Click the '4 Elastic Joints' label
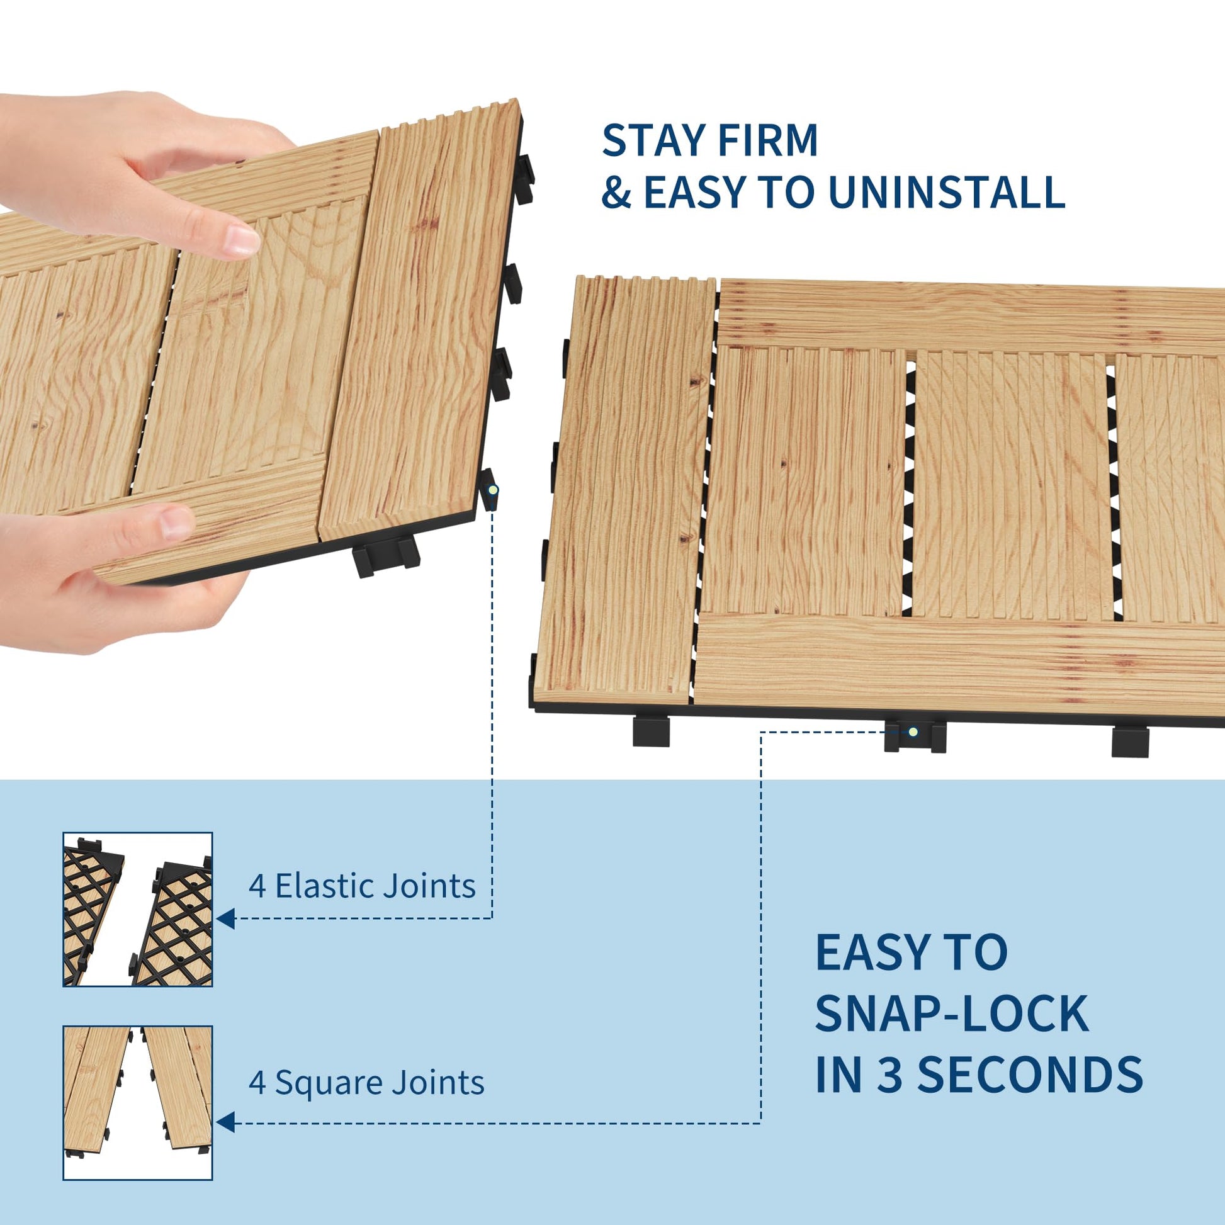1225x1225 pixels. point(362,886)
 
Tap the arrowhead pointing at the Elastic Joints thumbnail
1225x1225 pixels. point(226,918)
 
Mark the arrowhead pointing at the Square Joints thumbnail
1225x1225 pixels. point(226,1122)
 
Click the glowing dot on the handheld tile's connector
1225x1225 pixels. point(493,490)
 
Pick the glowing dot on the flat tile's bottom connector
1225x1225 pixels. point(913,731)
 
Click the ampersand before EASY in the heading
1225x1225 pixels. point(616,192)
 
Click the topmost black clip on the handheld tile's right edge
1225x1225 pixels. point(524,179)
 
